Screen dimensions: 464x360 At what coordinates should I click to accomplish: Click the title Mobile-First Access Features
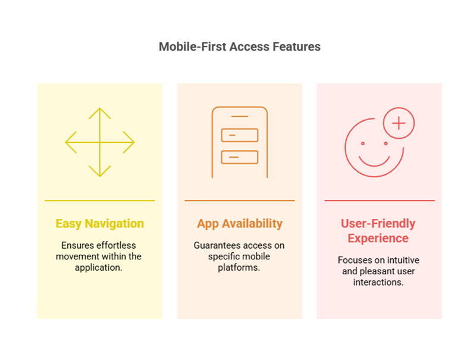240,47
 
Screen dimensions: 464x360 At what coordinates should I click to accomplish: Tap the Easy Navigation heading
100,224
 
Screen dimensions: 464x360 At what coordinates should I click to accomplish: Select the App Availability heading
240,224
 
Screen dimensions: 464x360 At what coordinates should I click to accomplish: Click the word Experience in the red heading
378,239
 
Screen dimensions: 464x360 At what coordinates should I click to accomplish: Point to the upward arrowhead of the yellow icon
100,113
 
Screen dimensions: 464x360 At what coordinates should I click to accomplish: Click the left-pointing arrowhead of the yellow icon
71,142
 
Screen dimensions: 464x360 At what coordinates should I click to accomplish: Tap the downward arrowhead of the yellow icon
100,171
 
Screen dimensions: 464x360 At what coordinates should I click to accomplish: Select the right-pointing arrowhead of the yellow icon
128,142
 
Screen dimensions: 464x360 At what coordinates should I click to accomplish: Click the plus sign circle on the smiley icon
399,123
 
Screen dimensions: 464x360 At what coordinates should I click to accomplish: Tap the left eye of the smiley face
363,143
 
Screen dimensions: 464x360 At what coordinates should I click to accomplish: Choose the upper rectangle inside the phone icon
240,135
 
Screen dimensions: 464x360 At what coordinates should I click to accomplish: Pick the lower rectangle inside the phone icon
240,157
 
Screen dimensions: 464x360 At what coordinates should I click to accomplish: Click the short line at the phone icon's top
240,117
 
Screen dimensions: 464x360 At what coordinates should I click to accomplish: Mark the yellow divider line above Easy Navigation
100,201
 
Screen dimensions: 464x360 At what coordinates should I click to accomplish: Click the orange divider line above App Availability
240,201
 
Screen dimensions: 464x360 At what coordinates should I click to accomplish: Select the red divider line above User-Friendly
380,201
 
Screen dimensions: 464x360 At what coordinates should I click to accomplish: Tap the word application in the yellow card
99,268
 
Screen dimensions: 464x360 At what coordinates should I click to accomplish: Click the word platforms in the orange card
239,268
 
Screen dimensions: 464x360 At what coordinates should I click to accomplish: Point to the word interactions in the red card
378,282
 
